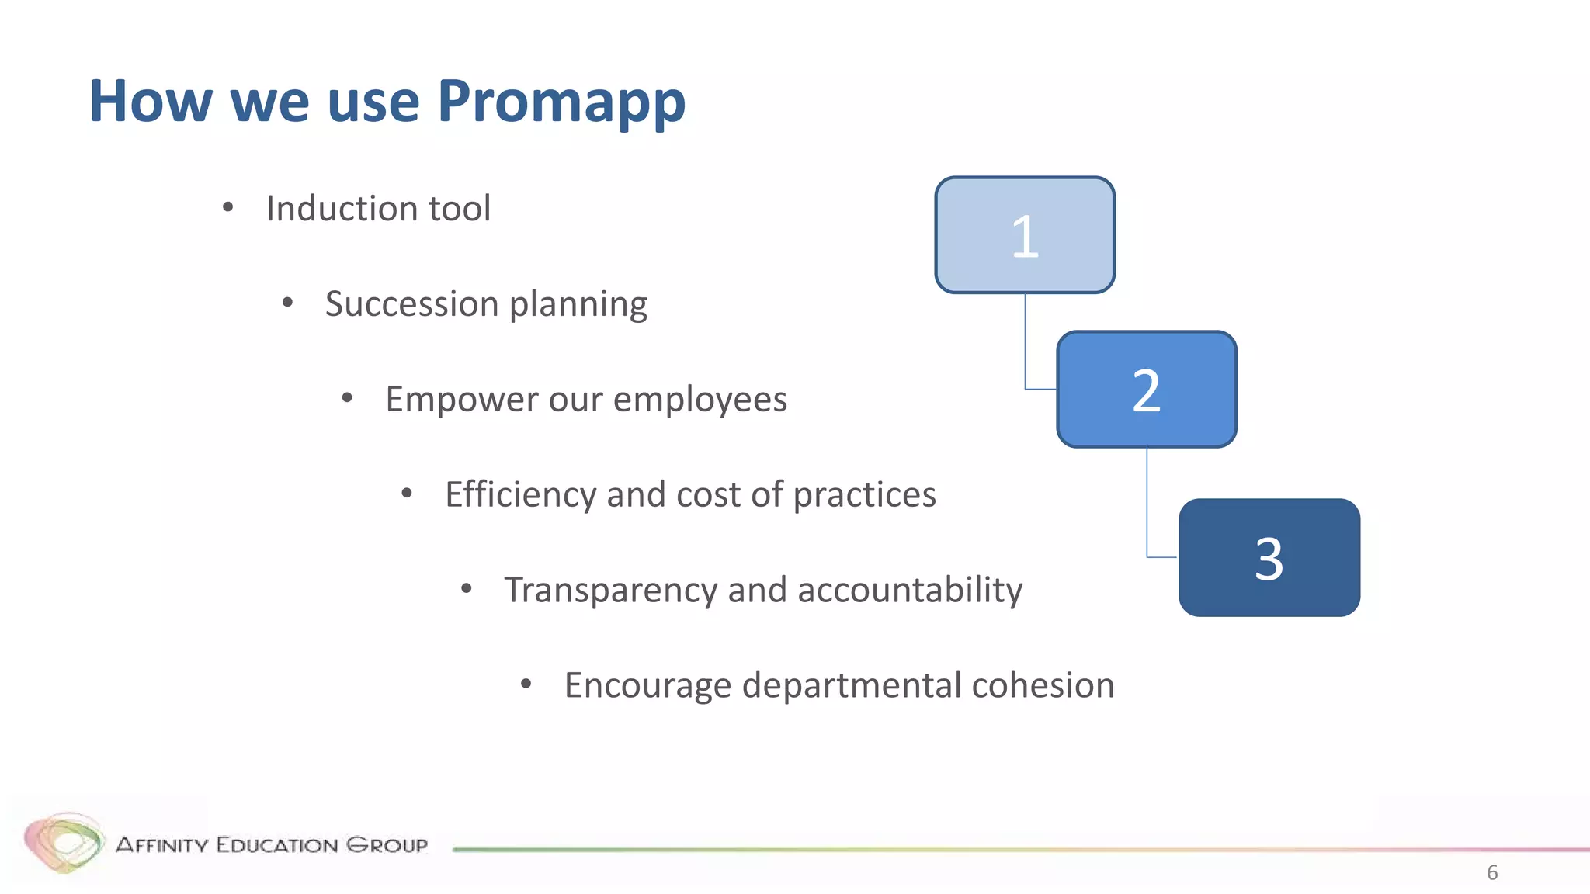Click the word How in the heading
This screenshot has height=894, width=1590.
151,101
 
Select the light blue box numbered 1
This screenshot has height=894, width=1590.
1024,235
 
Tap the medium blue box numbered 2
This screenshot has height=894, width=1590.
1146,390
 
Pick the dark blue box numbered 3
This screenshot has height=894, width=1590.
1269,558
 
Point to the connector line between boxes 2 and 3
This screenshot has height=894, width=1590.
1147,504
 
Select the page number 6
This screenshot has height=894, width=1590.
1491,872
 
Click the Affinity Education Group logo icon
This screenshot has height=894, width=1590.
64,842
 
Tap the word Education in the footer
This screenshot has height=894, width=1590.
276,845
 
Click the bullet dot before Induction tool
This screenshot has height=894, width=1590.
227,207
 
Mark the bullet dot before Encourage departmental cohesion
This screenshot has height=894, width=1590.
526,684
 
